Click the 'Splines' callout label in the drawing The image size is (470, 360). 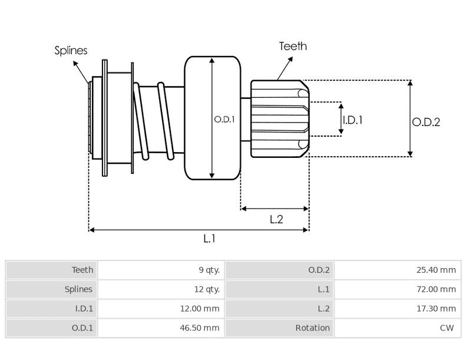71,51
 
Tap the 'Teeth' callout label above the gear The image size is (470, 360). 293,46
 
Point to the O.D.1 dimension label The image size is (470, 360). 224,119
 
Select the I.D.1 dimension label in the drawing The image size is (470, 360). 352,120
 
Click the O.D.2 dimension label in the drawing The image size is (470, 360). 426,122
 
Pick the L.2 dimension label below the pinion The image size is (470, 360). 276,220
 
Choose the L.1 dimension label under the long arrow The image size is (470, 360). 210,238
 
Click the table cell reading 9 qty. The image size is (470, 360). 209,270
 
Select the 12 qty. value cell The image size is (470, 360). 207,289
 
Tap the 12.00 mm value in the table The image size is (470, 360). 201,309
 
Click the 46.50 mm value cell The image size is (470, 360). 201,328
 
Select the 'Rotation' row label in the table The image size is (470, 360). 312,328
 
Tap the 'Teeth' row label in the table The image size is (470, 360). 82,270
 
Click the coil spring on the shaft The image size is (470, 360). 154,121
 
